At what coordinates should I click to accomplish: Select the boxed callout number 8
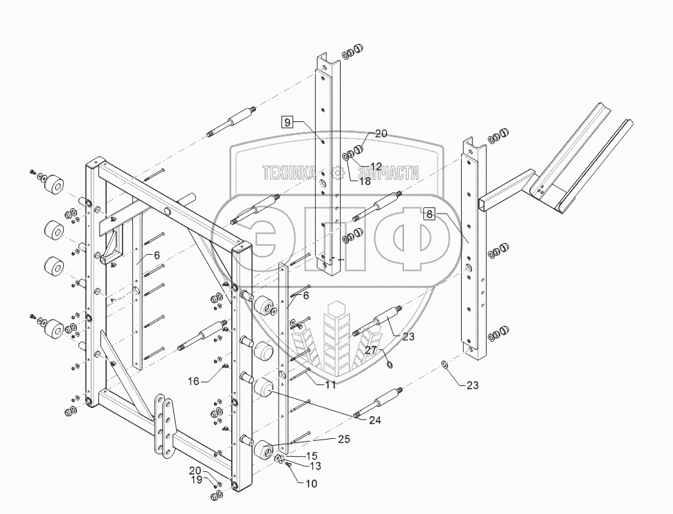coord(429,214)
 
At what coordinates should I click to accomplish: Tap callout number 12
coord(376,165)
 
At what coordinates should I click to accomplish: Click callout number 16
coord(194,380)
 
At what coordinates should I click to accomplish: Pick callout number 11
coord(331,384)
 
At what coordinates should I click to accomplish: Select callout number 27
coord(371,350)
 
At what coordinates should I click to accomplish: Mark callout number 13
coord(316,466)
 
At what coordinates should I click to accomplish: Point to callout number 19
coord(197,479)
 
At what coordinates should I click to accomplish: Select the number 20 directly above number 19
coord(197,469)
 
